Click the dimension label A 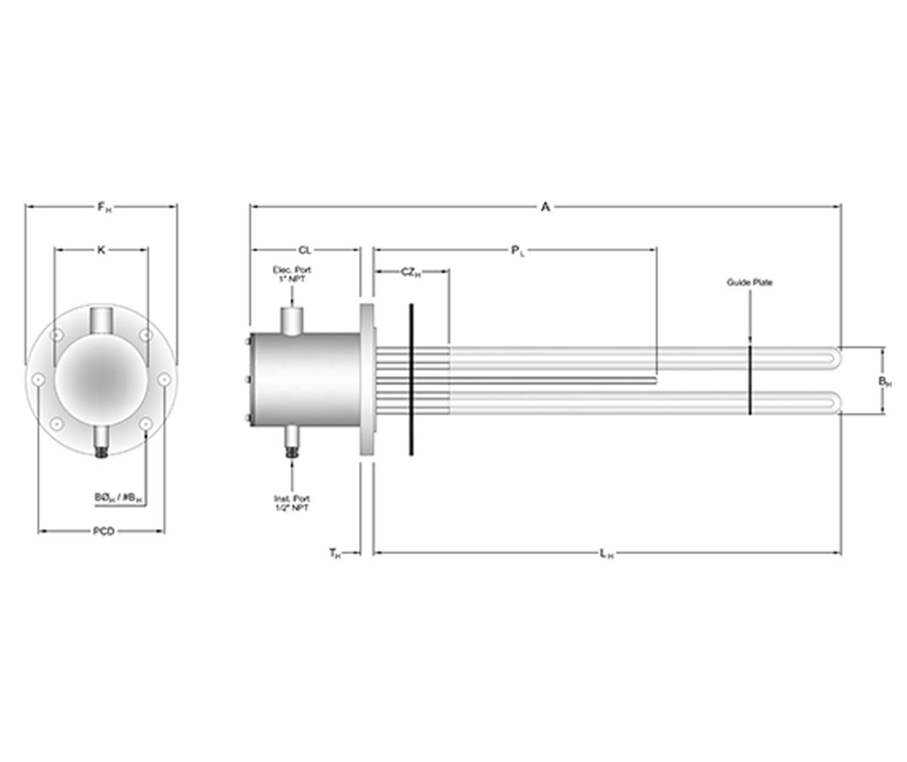(545, 206)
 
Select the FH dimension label (102, 206)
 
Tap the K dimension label (101, 249)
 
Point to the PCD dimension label (103, 531)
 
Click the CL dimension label (304, 249)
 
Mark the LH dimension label (606, 554)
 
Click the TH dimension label (335, 554)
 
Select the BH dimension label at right (884, 382)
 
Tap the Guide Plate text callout (750, 283)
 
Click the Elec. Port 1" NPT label (291, 274)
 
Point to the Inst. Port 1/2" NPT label (291, 503)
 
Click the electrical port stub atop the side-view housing (291, 320)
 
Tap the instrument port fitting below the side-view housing (291, 440)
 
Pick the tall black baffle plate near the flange (411, 379)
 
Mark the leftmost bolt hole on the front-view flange (39, 379)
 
